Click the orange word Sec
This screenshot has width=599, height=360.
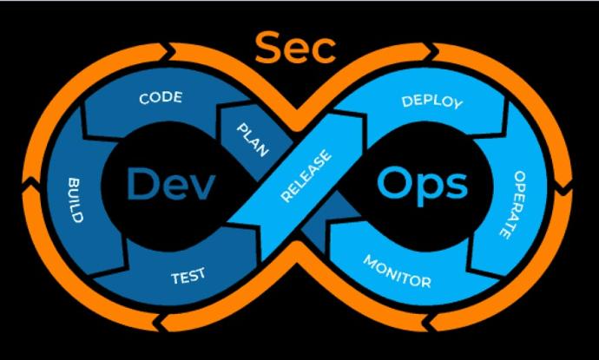coord(295,48)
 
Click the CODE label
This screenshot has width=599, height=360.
coord(161,98)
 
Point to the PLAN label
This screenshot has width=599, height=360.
coord(253,141)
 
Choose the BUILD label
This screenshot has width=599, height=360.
coord(75,200)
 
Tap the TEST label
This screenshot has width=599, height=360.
coord(188,276)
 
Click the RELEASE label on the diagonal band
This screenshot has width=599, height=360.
coord(306,175)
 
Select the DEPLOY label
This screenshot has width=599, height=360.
coord(432,102)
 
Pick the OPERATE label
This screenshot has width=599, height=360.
coord(514,205)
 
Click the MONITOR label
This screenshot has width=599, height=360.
coord(398,272)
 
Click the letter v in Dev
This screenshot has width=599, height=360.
coord(201,188)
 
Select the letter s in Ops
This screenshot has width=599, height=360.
coord(457,186)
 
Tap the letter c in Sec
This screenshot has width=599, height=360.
coord(325,51)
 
